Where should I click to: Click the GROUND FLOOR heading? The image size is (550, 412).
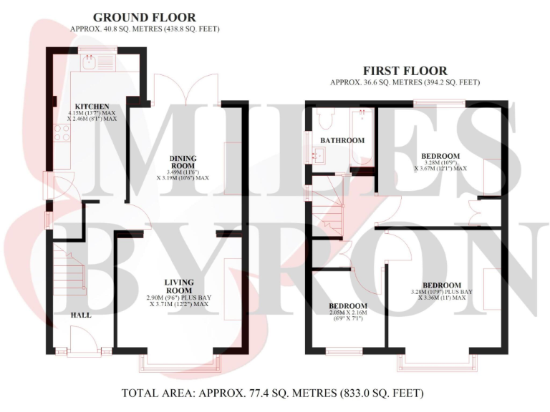(144, 17)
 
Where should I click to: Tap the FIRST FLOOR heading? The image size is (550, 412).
(405, 71)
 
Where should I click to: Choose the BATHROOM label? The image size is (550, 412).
(342, 140)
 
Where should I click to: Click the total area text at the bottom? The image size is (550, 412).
(273, 393)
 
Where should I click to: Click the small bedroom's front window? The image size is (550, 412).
(344, 351)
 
